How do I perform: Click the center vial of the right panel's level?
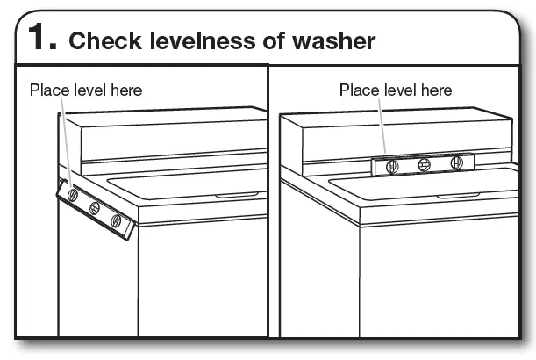click(x=424, y=164)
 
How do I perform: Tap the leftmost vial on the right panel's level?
click(x=392, y=165)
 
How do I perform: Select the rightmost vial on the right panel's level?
click(x=456, y=163)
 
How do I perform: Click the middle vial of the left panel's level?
click(x=95, y=209)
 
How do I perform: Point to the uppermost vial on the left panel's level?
click(x=73, y=195)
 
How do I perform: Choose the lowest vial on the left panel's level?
click(x=116, y=221)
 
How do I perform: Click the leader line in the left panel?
click(x=66, y=140)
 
